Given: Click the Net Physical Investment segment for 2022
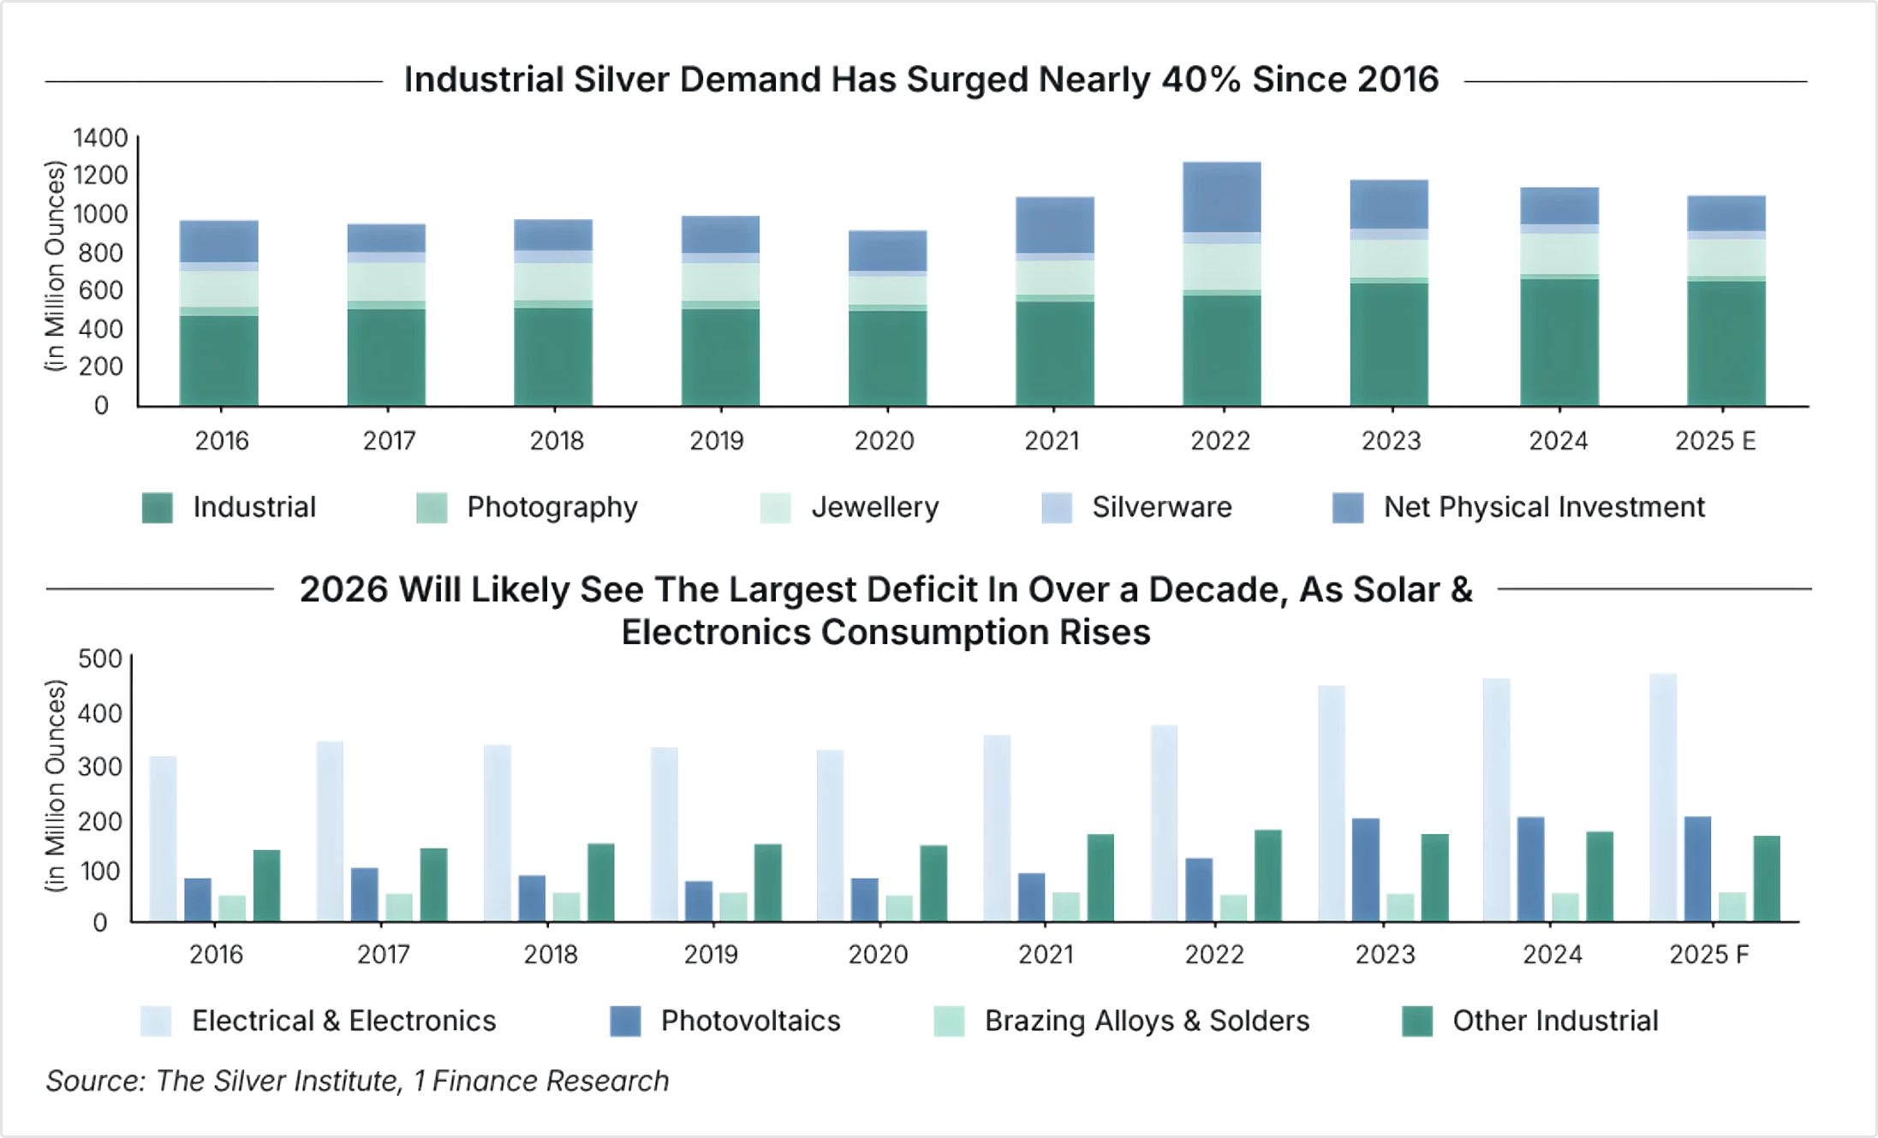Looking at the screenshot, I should [1221, 198].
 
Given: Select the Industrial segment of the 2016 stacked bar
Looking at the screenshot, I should [218, 360].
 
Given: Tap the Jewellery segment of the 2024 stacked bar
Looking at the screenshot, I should [1559, 254].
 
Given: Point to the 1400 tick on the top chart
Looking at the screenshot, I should [100, 138].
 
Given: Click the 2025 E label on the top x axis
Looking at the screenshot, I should [1714, 441].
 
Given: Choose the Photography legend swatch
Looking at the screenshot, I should [432, 508].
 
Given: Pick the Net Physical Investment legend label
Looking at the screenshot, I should [1544, 508].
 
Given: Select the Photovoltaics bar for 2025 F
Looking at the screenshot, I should [1697, 869].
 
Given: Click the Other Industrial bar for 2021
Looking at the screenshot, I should [1100, 878].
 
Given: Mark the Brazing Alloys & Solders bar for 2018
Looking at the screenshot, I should [566, 907].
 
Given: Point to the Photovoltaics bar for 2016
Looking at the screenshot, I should [198, 900].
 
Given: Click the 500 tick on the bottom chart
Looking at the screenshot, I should [100, 659].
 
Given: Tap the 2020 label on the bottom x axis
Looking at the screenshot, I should [878, 955].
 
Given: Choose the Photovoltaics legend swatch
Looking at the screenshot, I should [625, 1022].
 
